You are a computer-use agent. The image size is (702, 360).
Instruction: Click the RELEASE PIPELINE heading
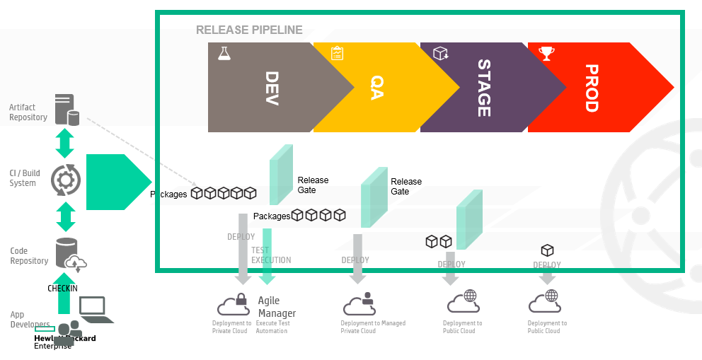[x=249, y=30]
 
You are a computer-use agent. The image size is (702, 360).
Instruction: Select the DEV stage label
[x=272, y=88]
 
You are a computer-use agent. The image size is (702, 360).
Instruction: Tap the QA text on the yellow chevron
[x=376, y=88]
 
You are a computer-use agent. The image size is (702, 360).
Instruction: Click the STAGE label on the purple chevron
[x=483, y=88]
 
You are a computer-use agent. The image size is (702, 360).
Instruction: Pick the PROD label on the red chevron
[x=592, y=88]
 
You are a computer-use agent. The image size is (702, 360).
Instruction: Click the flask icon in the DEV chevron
[x=224, y=53]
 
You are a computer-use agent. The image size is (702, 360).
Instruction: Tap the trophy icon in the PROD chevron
[x=546, y=53]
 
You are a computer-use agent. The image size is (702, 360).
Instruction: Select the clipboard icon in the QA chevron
[x=337, y=53]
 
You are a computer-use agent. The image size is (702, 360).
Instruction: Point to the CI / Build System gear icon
[x=66, y=180]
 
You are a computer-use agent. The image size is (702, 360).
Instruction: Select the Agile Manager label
[x=277, y=307]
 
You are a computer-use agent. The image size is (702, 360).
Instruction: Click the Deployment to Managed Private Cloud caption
[x=373, y=327]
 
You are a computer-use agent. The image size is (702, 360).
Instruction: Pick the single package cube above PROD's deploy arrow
[x=547, y=250]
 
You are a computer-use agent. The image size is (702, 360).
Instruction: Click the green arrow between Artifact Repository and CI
[x=65, y=144]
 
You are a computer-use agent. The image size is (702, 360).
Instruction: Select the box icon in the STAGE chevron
[x=441, y=53]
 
